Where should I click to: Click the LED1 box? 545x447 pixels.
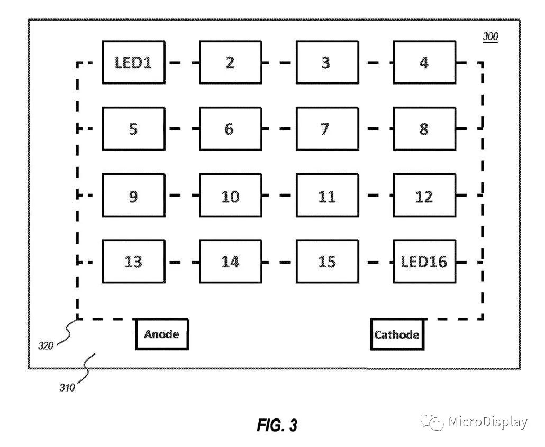(x=133, y=63)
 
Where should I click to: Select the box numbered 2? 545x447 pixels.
(x=230, y=63)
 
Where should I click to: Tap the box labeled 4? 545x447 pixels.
(x=424, y=63)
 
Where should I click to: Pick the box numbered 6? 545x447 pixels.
(x=230, y=129)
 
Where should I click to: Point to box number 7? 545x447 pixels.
(x=326, y=129)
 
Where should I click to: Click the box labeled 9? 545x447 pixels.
(x=133, y=196)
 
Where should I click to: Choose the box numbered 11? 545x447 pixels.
(x=326, y=196)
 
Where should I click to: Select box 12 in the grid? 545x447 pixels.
(x=424, y=196)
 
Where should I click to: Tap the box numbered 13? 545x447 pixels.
(x=133, y=262)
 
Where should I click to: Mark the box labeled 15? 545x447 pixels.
(x=326, y=262)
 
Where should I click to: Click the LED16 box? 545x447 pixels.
(x=424, y=262)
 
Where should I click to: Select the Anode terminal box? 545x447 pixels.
(x=162, y=334)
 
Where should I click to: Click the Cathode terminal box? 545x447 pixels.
(x=397, y=334)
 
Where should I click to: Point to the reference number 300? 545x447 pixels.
(x=490, y=37)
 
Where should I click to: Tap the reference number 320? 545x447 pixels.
(x=46, y=346)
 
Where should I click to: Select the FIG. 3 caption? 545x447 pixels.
(x=277, y=425)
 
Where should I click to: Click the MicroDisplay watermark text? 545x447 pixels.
(x=487, y=422)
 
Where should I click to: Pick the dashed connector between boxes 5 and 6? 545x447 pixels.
(x=181, y=129)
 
